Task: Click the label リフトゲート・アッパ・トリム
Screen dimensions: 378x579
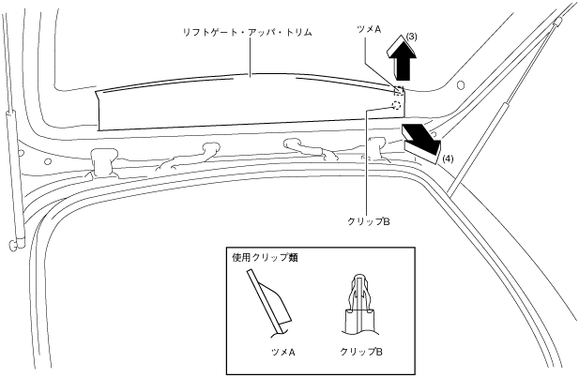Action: click(x=247, y=33)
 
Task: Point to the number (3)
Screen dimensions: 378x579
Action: click(x=412, y=37)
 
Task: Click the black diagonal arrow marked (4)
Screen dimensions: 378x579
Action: click(x=419, y=139)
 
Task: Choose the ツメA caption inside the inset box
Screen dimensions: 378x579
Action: click(x=281, y=354)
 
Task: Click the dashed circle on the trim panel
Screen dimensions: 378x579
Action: click(x=395, y=107)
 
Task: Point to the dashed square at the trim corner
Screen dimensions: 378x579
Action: click(x=398, y=91)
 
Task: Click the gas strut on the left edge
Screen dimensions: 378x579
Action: click(x=13, y=174)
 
